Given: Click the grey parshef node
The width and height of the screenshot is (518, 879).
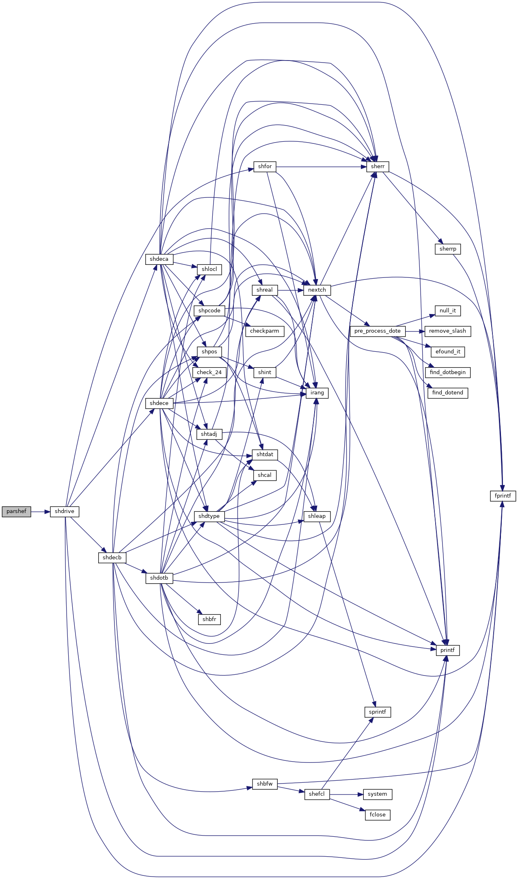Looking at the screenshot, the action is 16,511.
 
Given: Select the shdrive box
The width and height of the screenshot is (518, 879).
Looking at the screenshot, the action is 65,511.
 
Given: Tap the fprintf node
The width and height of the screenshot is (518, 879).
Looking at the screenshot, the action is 503,496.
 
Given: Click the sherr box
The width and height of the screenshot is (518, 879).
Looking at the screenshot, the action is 378,167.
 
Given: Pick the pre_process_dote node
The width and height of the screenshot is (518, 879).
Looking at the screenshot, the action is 378,331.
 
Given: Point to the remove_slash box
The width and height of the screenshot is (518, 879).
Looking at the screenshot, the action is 448,331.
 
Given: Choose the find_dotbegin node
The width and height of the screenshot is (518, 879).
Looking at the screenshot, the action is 448,372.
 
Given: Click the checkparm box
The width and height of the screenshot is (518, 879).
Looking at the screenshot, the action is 265,331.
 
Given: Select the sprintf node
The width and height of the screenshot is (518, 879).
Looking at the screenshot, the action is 378,712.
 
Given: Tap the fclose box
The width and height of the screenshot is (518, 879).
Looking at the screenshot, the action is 378,815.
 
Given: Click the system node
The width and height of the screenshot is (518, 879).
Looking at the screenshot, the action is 378,794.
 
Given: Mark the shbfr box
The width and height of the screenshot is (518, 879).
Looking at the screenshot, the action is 209,619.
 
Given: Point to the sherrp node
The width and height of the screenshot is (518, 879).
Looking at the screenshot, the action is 448,249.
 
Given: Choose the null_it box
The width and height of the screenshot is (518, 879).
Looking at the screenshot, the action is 448,311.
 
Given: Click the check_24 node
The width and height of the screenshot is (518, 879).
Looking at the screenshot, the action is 209,372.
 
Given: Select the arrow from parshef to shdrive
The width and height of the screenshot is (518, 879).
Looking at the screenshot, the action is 41,512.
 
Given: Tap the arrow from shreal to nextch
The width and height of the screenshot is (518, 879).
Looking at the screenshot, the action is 291,290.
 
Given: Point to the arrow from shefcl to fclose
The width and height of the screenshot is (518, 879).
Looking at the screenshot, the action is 347,805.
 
